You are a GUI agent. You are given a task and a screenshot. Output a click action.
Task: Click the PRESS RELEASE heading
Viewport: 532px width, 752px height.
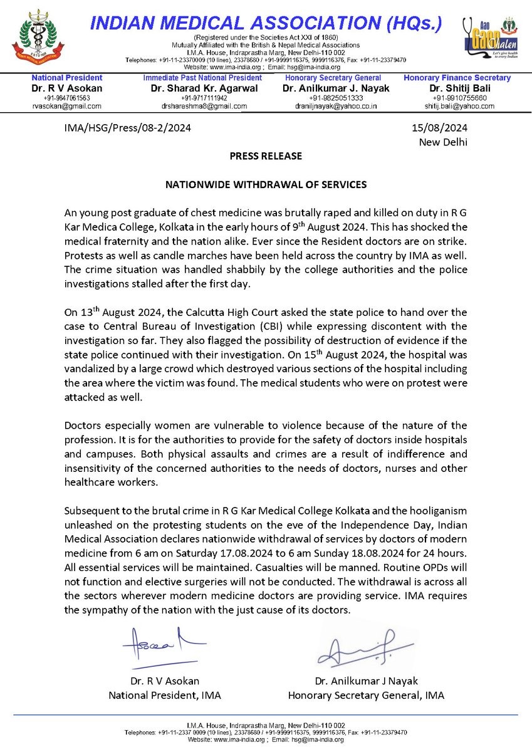tap(266, 155)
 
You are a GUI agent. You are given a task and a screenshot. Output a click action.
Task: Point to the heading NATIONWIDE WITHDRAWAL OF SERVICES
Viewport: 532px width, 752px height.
tap(266, 186)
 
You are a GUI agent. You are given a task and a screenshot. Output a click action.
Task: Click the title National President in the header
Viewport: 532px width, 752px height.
tap(67, 78)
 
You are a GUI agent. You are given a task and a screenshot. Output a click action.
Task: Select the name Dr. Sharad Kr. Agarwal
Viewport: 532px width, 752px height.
tap(196, 88)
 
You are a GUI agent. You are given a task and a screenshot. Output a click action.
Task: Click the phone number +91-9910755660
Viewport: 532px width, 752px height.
tap(457, 98)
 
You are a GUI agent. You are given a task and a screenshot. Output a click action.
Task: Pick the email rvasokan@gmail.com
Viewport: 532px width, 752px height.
tap(66, 107)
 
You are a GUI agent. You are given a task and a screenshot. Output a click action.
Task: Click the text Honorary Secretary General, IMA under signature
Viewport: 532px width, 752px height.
tap(366, 695)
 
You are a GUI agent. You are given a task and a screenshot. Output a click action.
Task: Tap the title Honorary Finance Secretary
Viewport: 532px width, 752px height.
tap(457, 78)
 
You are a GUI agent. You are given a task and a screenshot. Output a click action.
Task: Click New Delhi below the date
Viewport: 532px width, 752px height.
tap(443, 142)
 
